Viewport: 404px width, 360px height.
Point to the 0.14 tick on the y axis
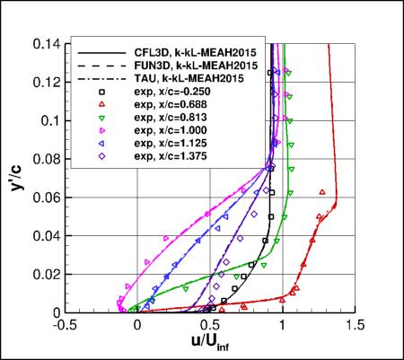pyautogui.click(x=47, y=43)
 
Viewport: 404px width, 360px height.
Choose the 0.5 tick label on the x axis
pyautogui.click(x=209, y=324)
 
